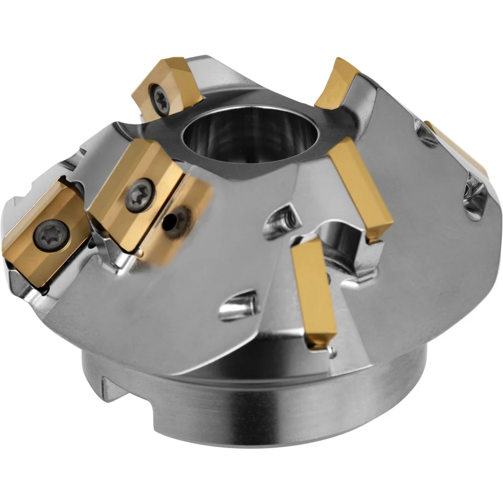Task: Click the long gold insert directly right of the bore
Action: tap(361, 189)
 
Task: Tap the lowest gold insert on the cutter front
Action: tap(313, 292)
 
